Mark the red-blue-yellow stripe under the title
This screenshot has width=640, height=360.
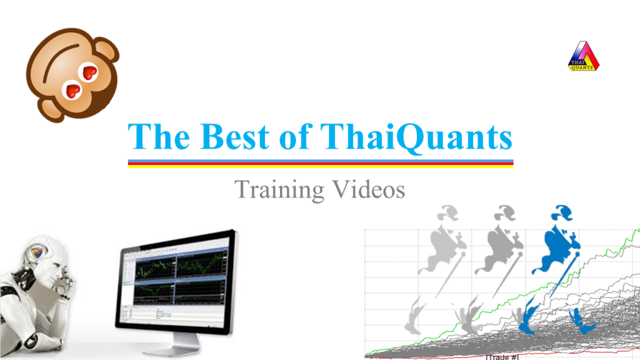point(320,164)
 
